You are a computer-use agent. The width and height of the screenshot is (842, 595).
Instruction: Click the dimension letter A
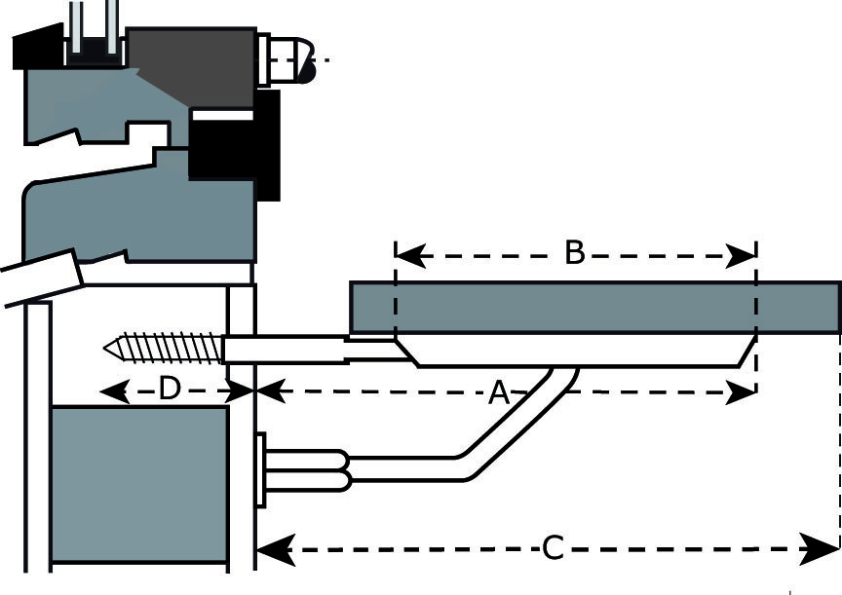click(x=499, y=393)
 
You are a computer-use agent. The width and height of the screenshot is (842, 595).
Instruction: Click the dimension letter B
click(x=574, y=253)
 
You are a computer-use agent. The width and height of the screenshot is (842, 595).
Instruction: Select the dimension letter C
click(x=553, y=548)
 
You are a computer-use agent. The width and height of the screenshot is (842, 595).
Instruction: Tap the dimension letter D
click(x=170, y=390)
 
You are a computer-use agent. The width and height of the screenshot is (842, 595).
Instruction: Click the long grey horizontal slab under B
click(x=594, y=308)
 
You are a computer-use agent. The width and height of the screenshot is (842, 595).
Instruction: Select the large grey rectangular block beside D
click(x=138, y=484)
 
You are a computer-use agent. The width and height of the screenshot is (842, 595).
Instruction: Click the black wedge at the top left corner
click(x=37, y=47)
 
